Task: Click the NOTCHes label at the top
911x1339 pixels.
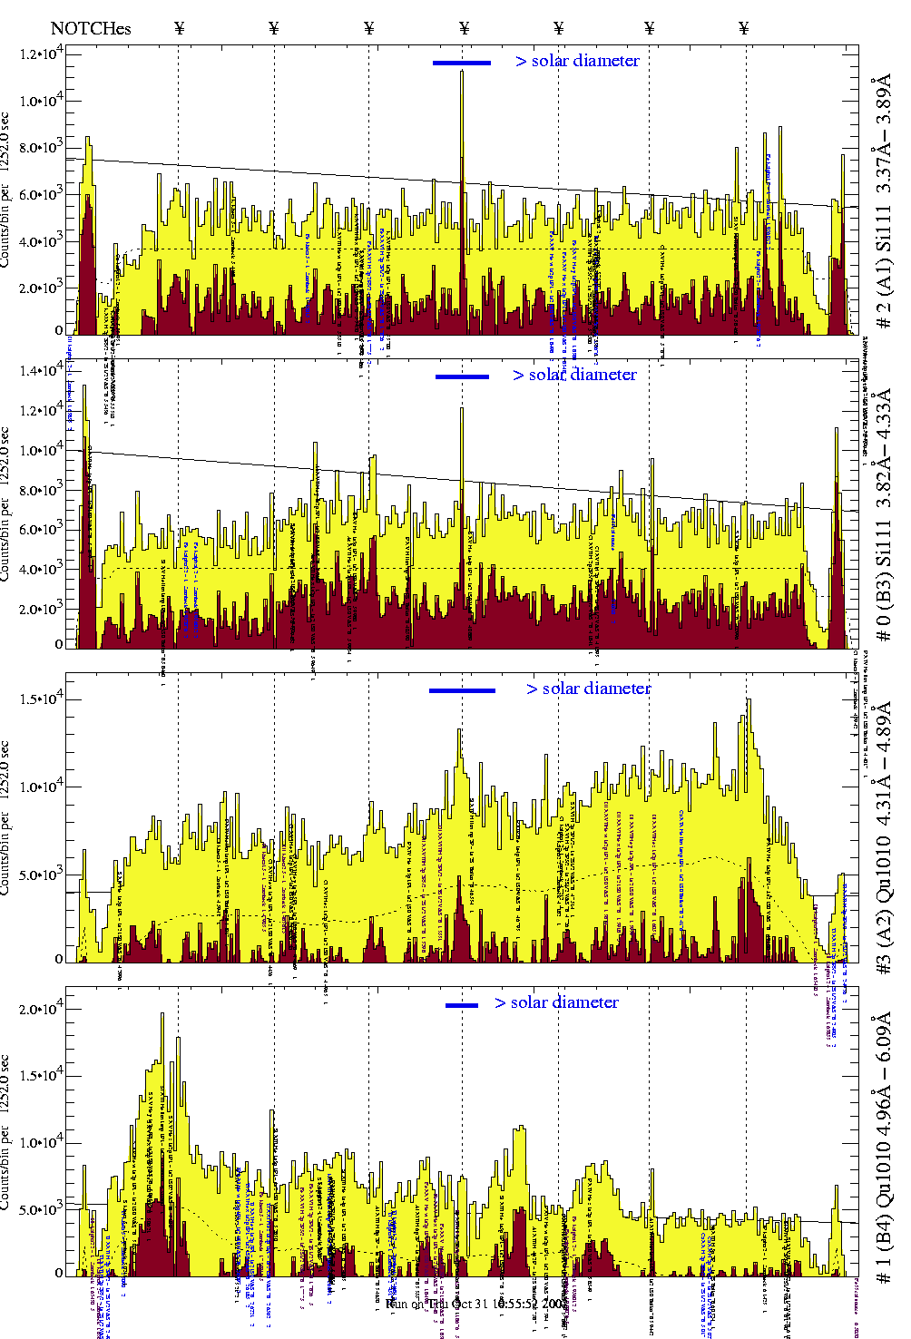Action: point(91,28)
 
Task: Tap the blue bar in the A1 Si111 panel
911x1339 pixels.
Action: point(461,63)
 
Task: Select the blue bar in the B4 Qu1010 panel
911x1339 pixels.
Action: point(462,1005)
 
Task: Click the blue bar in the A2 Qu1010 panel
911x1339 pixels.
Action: point(462,690)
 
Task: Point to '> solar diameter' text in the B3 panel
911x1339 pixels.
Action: point(574,375)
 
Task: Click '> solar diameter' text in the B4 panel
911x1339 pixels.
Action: point(556,1002)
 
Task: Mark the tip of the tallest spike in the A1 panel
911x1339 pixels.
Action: point(462,72)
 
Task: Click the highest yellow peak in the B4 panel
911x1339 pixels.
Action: point(163,1014)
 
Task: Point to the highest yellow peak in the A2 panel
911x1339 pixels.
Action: point(749,699)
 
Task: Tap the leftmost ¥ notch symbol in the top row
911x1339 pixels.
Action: point(180,28)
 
